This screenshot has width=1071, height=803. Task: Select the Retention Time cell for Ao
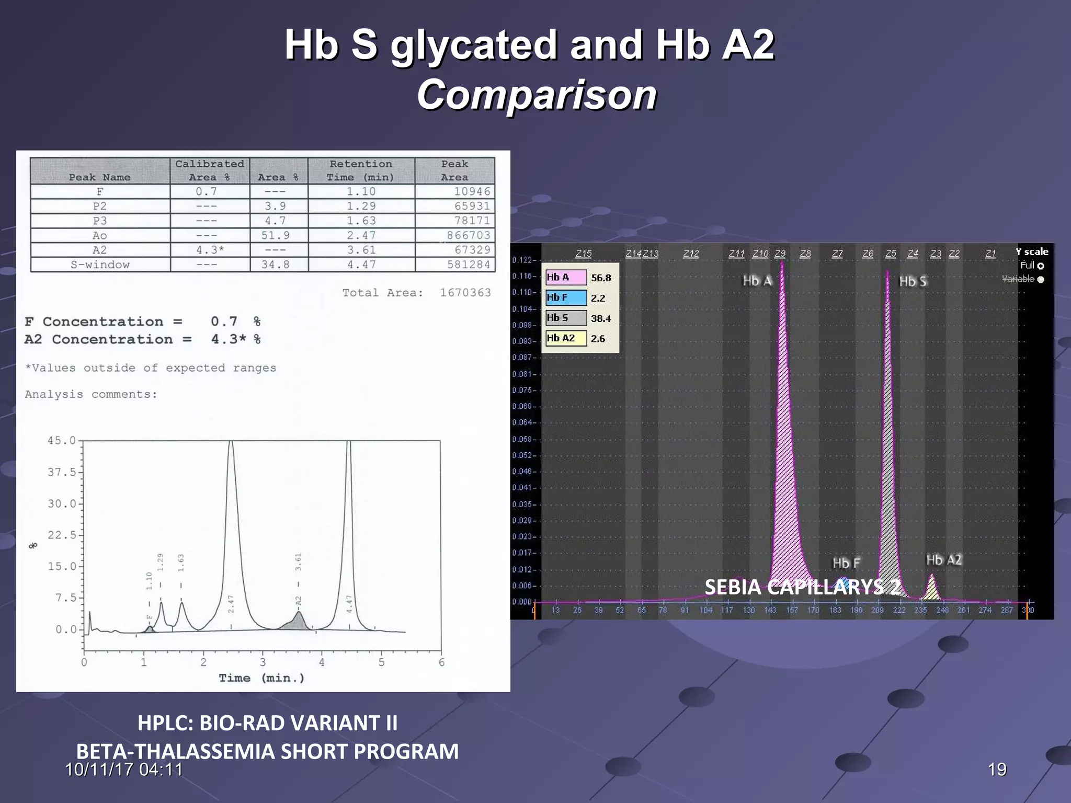(361, 235)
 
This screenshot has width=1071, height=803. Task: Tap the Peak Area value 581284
(469, 265)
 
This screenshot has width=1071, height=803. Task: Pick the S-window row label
(100, 265)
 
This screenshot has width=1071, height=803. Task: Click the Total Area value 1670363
(465, 293)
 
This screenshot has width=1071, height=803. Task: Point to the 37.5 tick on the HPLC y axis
(62, 472)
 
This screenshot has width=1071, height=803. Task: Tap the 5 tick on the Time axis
(381, 662)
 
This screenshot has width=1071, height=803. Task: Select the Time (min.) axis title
(261, 678)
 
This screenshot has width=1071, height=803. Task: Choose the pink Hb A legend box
(565, 278)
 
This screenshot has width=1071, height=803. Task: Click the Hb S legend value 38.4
(601, 318)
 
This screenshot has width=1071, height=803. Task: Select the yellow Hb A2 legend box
(565, 339)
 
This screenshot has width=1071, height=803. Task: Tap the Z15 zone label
(584, 254)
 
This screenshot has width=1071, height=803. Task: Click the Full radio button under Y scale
(1040, 266)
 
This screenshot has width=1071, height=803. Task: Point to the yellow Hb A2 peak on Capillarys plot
(931, 589)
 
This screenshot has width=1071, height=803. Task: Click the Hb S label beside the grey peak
(913, 281)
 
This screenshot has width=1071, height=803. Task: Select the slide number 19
(997, 770)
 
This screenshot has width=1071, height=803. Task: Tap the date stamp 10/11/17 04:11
(124, 770)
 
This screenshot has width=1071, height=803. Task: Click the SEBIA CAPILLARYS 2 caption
(802, 587)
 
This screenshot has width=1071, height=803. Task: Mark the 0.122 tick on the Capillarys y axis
(521, 260)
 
